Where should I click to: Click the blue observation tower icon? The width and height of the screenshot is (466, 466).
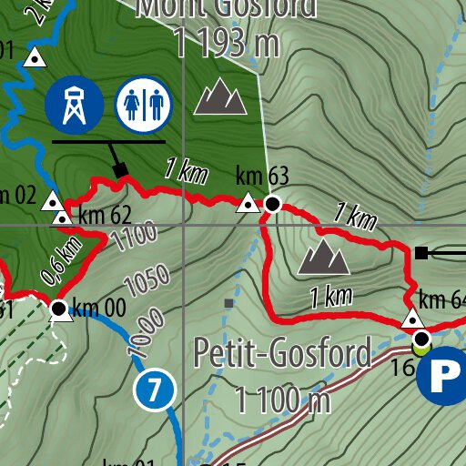click(72, 104)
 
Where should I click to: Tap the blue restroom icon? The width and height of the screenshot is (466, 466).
click(144, 104)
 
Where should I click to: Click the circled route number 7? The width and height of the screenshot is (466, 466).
click(154, 390)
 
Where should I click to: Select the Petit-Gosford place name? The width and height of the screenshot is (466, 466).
click(283, 351)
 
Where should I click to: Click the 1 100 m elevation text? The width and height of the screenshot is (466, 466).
click(282, 399)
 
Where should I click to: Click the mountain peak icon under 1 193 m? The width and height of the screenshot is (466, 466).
click(220, 96)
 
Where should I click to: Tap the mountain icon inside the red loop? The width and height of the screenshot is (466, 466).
click(324, 258)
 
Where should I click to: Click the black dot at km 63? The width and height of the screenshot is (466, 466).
click(272, 204)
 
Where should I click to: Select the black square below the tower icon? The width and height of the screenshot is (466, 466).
click(120, 169)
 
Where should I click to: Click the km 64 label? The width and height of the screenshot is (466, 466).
click(443, 300)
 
